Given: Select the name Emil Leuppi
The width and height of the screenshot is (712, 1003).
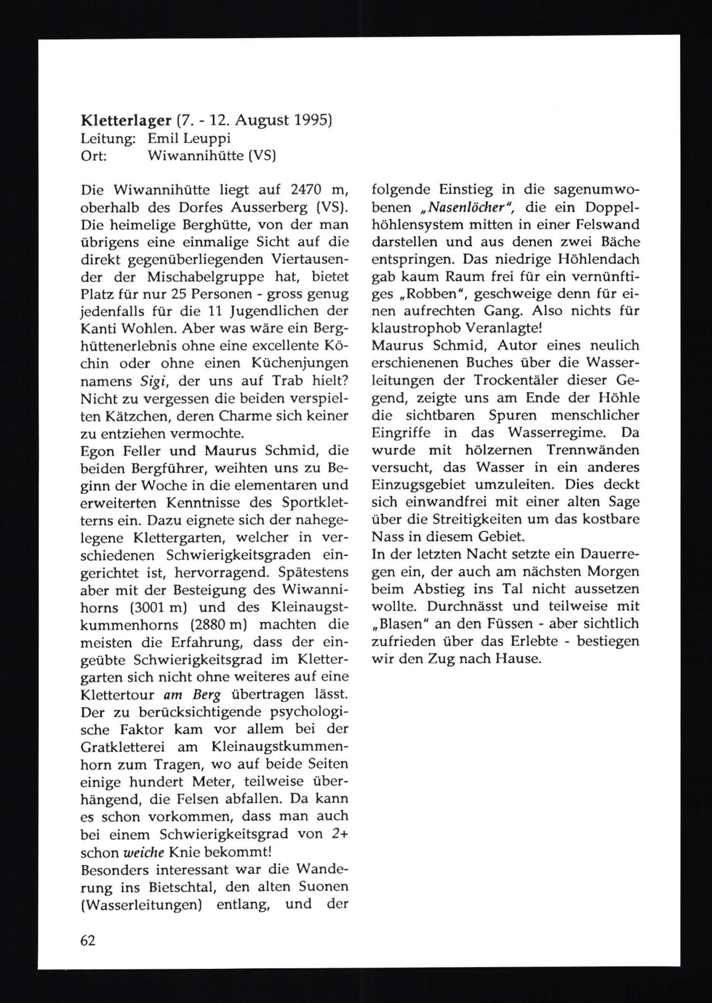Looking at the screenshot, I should click(x=189, y=138).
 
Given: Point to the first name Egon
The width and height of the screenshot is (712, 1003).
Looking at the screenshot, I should click(x=98, y=450).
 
